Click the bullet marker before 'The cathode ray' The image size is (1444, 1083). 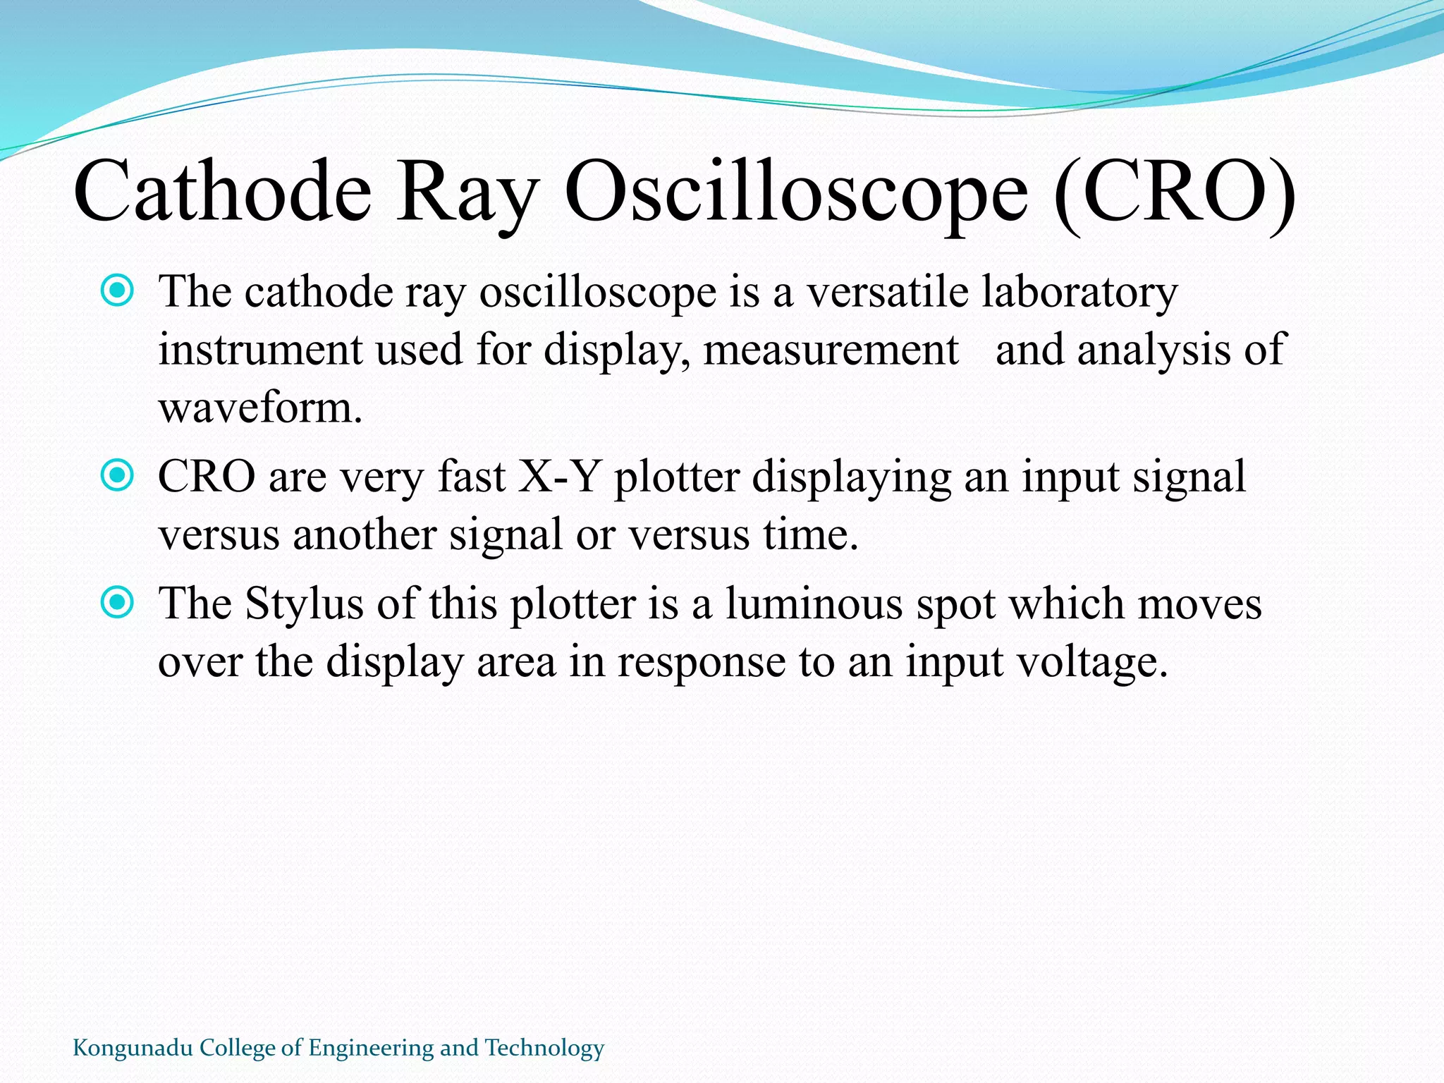click(x=117, y=290)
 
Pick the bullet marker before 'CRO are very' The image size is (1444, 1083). click(x=117, y=476)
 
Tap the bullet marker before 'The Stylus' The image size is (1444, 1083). click(x=117, y=603)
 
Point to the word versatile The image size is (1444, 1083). click(x=888, y=292)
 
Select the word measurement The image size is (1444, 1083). click(x=831, y=350)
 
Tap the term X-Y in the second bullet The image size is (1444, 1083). click(x=560, y=477)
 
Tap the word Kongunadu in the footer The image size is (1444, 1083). click(x=133, y=1048)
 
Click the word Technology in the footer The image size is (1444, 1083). click(x=544, y=1048)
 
